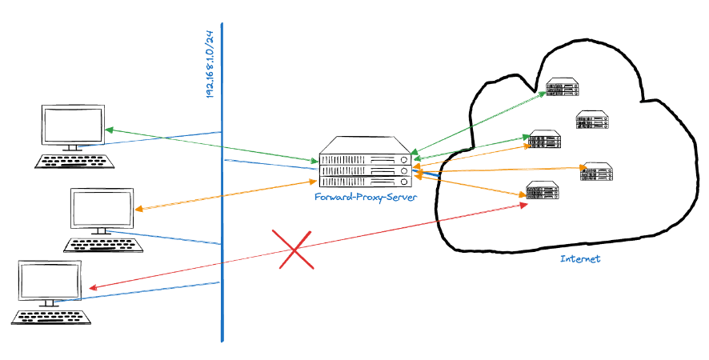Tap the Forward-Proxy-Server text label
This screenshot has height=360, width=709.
[x=364, y=197]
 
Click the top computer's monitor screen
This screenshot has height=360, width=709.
[x=74, y=125]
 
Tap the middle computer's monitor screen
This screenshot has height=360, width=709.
[x=101, y=209]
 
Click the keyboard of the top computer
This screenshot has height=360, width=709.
[x=74, y=161]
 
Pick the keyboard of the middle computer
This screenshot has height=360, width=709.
[x=102, y=244]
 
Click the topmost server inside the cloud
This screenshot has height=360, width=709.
[x=563, y=87]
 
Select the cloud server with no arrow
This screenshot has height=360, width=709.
[x=593, y=121]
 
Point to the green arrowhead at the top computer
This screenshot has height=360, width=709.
[x=109, y=129]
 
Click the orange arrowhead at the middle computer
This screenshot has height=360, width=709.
[x=138, y=209]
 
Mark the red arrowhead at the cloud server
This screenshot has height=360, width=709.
[x=524, y=205]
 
